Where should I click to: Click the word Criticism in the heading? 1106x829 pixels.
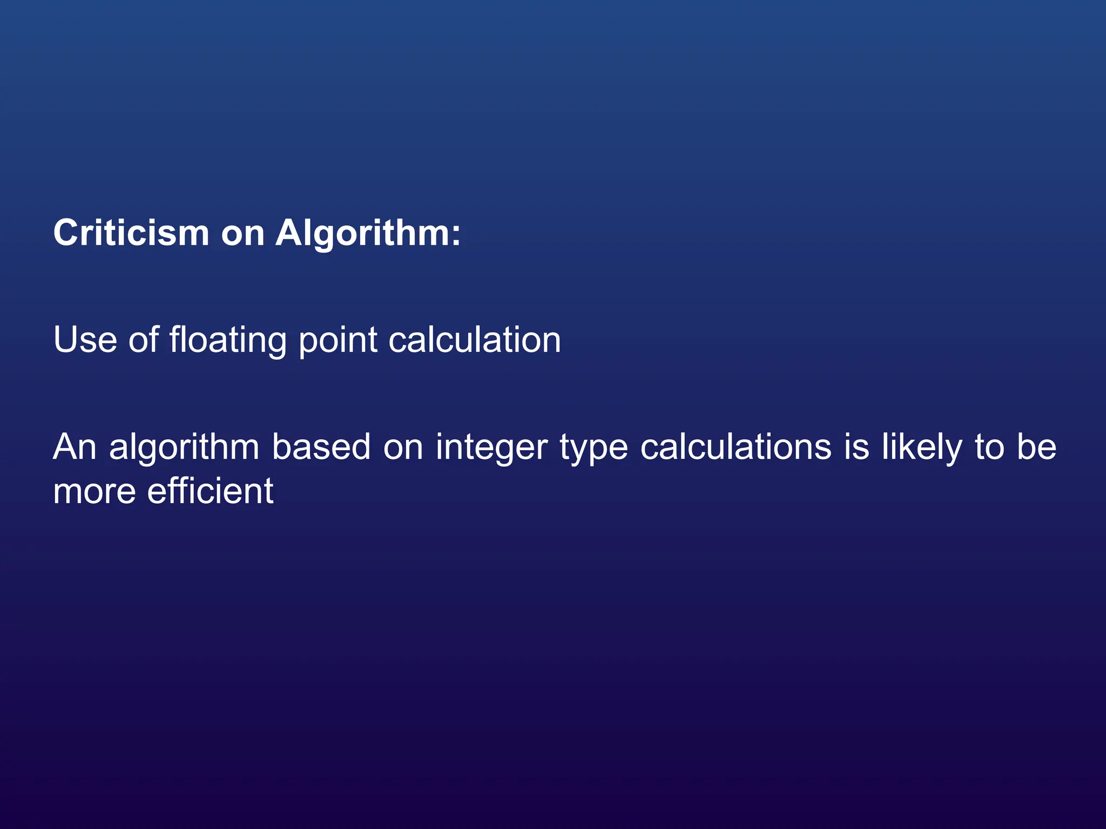pos(131,233)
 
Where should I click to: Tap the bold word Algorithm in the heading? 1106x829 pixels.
pos(362,233)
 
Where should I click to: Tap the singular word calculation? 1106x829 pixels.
pos(475,340)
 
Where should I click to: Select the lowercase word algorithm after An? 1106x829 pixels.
pos(184,447)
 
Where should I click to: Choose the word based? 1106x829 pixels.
pos(321,447)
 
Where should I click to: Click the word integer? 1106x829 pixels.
pos(491,447)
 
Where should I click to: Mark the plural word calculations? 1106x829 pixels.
pos(736,447)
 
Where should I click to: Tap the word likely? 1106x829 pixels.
pos(922,447)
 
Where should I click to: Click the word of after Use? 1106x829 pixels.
pos(144,340)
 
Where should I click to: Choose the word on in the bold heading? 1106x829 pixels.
pos(242,234)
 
